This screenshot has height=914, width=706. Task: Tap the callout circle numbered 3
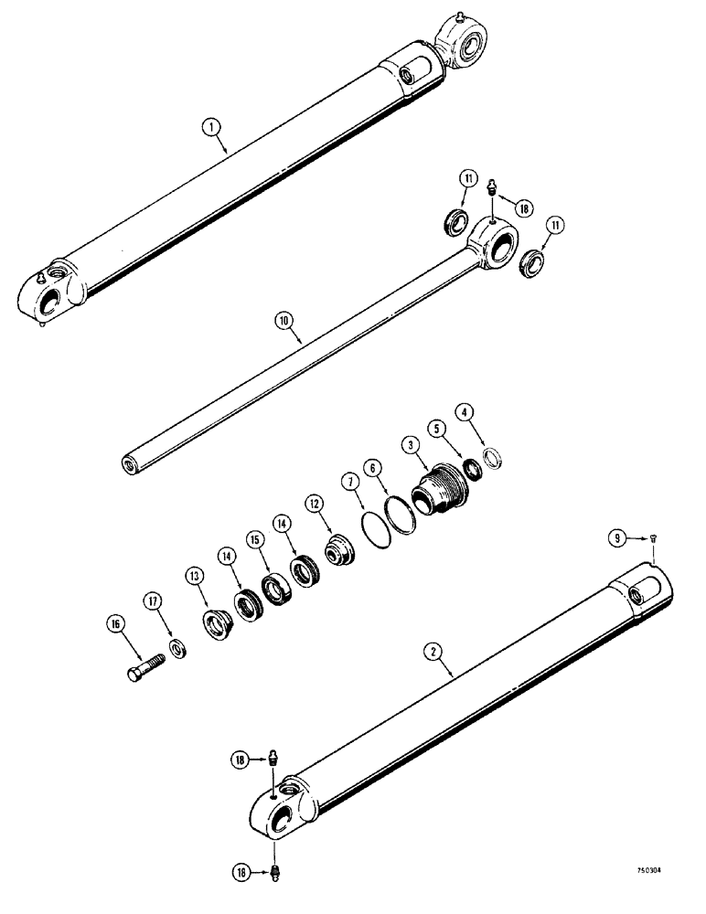click(411, 445)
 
